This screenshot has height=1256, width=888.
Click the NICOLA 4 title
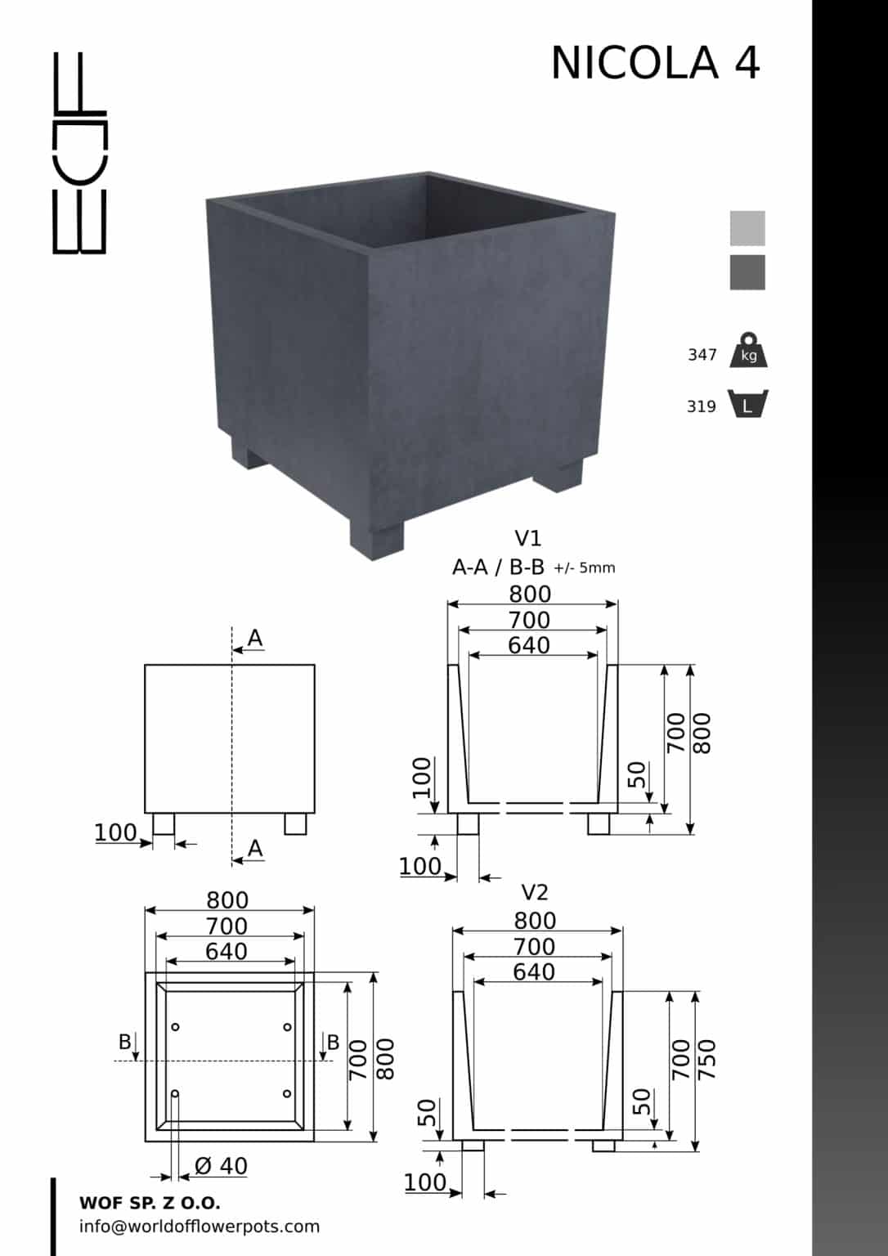coord(655,63)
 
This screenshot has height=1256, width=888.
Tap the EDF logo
coord(79,153)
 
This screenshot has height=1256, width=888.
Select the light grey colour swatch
coord(747,228)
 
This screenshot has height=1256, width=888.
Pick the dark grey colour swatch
coord(747,272)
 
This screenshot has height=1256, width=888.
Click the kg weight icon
coord(748,350)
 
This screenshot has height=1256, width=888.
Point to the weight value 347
coord(702,355)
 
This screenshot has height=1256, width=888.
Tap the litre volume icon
coord(748,404)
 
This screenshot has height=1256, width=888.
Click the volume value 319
coord(702,406)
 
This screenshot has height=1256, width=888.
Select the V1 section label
coord(528,538)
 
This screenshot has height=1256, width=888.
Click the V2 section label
coord(534,892)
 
